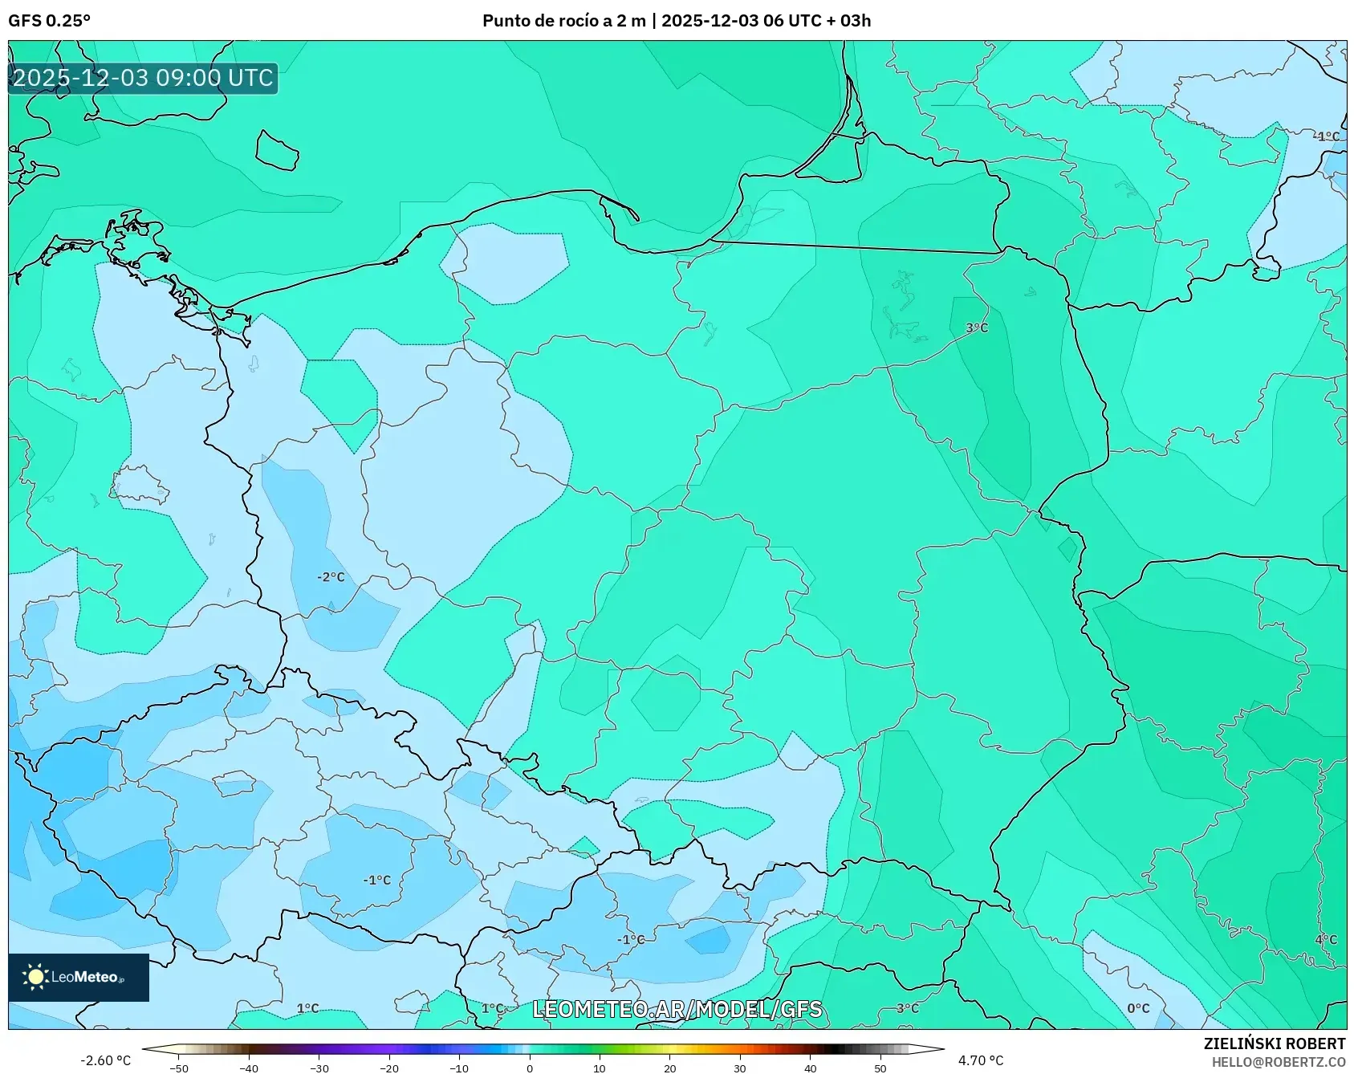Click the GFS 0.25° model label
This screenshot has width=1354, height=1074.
tap(49, 21)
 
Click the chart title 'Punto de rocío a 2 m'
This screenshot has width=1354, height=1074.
tap(563, 21)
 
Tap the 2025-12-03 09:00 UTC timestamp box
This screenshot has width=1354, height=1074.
tap(143, 78)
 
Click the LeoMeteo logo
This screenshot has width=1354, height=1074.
tap(79, 977)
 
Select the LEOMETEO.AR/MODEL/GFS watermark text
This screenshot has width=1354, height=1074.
tap(677, 1009)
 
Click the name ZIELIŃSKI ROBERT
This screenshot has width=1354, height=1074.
tap(1274, 1043)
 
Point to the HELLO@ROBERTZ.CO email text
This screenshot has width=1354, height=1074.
tap(1278, 1061)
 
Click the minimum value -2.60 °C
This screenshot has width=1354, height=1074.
tap(105, 1060)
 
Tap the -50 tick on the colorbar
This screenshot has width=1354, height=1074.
tap(179, 1068)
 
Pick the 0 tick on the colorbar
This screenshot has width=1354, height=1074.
tap(529, 1068)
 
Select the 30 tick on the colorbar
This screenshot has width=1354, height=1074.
tap(739, 1068)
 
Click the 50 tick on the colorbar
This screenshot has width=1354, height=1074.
tap(880, 1068)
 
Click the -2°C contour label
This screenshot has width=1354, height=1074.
tap(331, 577)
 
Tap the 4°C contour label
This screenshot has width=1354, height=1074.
tap(1325, 939)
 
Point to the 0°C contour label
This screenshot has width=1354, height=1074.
tap(1137, 1008)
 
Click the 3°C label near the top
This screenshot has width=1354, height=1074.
tap(976, 327)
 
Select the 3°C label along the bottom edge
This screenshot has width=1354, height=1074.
tap(907, 1008)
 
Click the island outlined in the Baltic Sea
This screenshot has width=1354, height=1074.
tap(278, 150)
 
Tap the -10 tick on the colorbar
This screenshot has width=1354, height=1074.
tap(459, 1068)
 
